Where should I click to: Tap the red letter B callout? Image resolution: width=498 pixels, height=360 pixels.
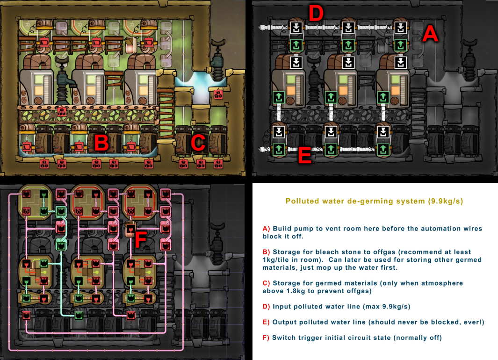102,143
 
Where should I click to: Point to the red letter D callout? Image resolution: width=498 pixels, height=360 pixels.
316,14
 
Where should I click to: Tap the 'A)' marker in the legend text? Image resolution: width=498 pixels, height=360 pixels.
267,229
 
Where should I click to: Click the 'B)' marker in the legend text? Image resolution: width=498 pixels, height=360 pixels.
267,252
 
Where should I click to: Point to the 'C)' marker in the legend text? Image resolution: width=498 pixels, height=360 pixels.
267,283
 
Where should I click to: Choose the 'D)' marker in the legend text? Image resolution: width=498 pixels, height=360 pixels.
267,307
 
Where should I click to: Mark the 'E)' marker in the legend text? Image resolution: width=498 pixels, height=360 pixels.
267,322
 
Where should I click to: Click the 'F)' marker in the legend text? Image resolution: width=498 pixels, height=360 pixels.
267,338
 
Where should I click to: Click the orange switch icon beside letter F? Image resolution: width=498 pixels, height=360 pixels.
131,230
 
